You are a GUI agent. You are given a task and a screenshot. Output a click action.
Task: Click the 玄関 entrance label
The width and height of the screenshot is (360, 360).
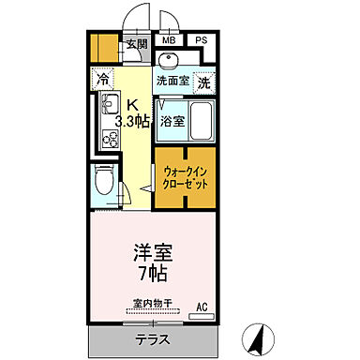point(137,44)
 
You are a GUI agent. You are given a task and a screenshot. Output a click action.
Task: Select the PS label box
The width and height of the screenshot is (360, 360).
point(202,41)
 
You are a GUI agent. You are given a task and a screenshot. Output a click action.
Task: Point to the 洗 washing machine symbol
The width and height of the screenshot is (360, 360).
point(204,82)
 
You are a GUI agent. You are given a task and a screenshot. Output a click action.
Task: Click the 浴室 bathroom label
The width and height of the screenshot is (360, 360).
point(172,121)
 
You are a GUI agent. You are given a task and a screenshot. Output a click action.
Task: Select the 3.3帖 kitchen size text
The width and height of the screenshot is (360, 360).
point(131,121)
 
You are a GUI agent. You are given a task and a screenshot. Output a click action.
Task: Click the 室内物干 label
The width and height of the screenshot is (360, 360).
point(149,304)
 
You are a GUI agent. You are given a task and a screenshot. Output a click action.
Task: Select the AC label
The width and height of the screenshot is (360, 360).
point(202,306)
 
